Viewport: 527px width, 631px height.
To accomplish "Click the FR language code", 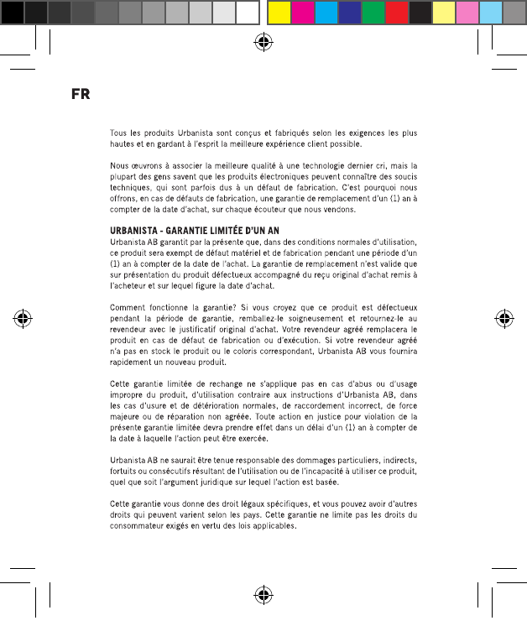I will pos(81,93).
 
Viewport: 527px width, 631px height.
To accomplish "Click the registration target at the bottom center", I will pos(263,595).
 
